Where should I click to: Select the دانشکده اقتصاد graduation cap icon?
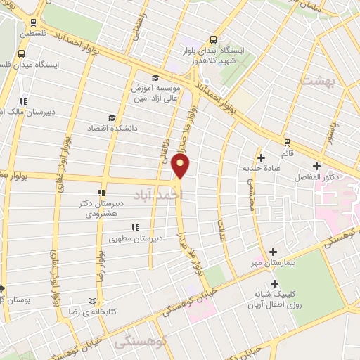(111, 117)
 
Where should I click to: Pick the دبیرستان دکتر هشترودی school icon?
(102, 192)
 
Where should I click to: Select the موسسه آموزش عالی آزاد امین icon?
(155, 78)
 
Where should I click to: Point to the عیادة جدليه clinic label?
(262, 169)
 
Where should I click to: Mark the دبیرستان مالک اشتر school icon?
(24, 101)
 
